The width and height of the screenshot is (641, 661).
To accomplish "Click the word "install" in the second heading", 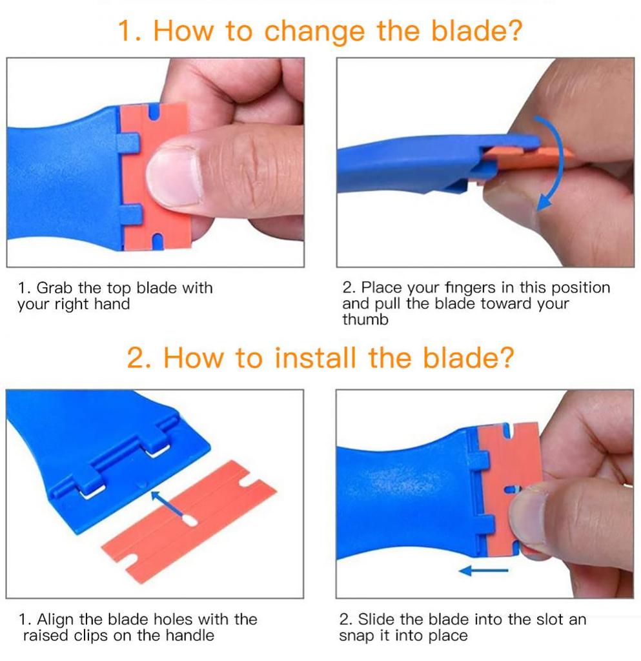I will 316,357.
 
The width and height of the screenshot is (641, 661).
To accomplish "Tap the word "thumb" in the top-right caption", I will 365,320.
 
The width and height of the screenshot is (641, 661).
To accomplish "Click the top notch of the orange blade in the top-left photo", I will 154,113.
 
